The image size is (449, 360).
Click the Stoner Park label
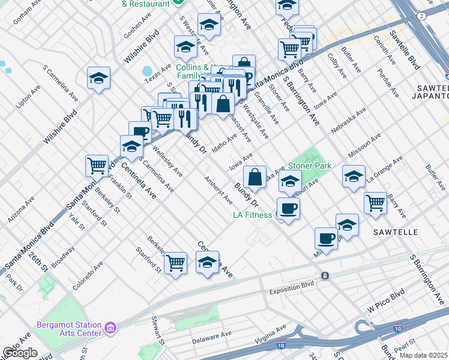pyautogui.click(x=310, y=166)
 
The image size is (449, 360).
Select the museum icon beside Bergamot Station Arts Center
pyautogui.click(x=110, y=328)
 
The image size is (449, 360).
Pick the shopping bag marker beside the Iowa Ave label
pyautogui.click(x=255, y=177)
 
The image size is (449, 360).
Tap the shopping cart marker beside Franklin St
pyautogui.click(x=97, y=165)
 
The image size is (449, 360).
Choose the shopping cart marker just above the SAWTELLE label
pyautogui.click(x=375, y=202)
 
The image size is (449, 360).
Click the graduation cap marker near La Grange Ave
pyautogui.click(x=354, y=176)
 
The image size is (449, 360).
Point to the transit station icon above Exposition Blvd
pyautogui.click(x=325, y=275)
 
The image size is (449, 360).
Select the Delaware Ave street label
pyautogui.click(x=211, y=338)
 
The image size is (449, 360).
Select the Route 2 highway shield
pyautogui.click(x=423, y=16)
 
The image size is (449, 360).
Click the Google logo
pyautogui.click(x=20, y=353)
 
